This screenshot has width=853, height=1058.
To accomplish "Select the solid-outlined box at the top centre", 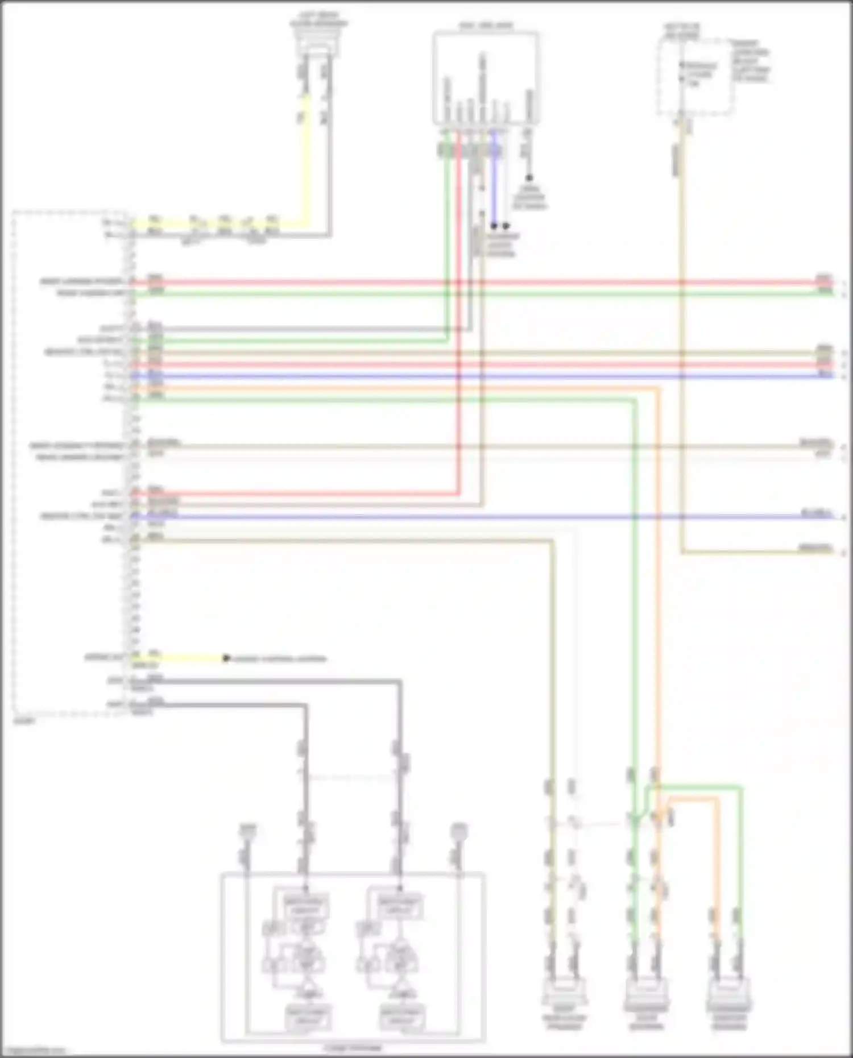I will tap(486, 77).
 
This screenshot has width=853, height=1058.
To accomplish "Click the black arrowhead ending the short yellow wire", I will tap(226, 658).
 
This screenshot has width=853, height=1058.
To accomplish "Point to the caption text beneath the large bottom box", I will tap(353, 1047).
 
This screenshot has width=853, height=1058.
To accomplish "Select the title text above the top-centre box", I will tap(486, 26).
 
